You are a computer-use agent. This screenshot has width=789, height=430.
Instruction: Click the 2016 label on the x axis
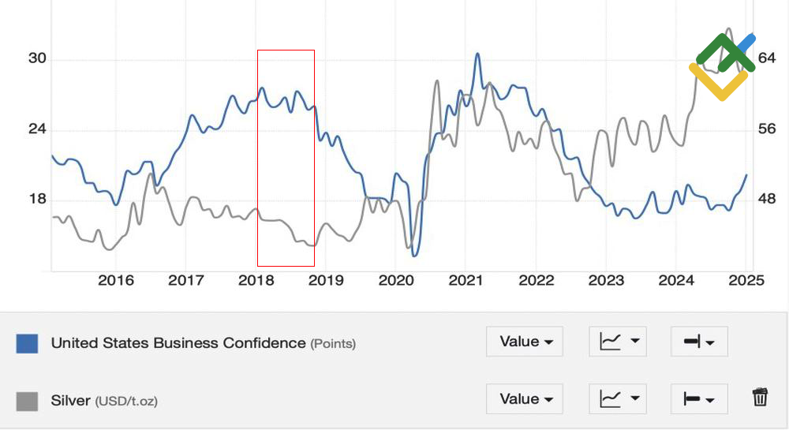point(116,281)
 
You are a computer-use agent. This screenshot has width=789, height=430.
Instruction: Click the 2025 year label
point(747,281)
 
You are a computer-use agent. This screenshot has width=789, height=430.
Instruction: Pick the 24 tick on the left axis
point(38,129)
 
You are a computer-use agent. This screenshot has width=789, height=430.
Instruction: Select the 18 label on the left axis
point(38,199)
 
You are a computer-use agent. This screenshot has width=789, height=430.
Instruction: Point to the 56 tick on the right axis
point(767,129)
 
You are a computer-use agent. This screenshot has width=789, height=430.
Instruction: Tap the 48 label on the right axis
point(767,199)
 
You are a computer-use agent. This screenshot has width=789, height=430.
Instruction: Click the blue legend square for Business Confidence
point(27,343)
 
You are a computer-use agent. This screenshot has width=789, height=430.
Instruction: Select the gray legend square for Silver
point(27,401)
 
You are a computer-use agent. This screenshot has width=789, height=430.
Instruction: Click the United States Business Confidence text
point(178,343)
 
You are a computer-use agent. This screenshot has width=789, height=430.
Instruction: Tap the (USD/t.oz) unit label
point(126,402)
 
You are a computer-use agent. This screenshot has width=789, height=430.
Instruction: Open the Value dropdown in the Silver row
point(525,399)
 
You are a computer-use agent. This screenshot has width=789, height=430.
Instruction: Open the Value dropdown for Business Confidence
point(525,342)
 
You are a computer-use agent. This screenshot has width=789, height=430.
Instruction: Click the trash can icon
point(760,398)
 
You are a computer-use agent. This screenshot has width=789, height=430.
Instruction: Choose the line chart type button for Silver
point(618,399)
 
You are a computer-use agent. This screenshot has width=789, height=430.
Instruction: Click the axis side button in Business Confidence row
point(699,342)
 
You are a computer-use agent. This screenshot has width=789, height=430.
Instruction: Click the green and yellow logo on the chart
point(721,66)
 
